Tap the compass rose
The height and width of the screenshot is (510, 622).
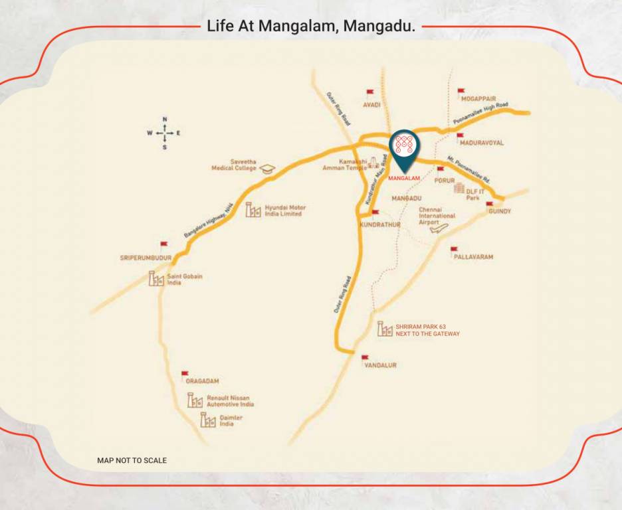click(x=164, y=133)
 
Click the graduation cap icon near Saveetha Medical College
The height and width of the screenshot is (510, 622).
click(x=267, y=169)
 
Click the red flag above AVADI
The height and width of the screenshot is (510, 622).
click(x=370, y=94)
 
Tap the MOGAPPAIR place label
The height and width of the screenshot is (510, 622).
click(x=478, y=98)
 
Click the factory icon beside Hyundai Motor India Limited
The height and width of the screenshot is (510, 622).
click(x=253, y=210)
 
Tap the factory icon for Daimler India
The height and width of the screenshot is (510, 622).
click(x=208, y=420)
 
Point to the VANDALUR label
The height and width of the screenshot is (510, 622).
click(x=380, y=365)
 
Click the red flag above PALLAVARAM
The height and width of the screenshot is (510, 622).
click(x=454, y=250)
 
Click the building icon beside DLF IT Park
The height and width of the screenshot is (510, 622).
click(x=459, y=188)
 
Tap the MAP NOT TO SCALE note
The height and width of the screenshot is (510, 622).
click(x=132, y=460)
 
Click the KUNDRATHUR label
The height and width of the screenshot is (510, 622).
click(x=379, y=225)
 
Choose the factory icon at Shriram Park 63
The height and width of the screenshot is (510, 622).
click(x=385, y=329)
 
